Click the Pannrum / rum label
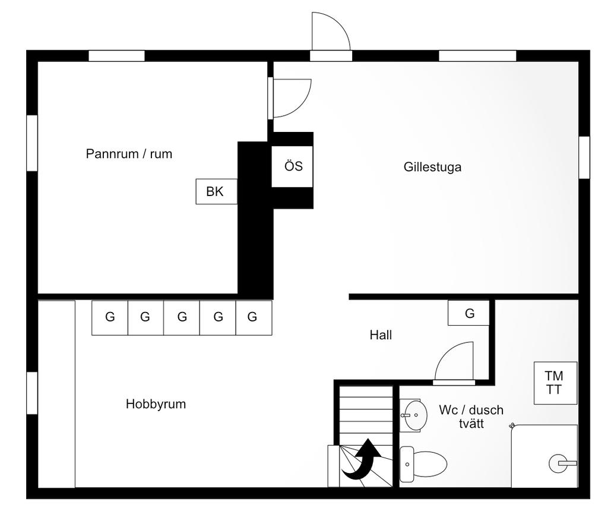pyautogui.click(x=129, y=154)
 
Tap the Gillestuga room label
pyautogui.click(x=432, y=167)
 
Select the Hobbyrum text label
pyautogui.click(x=156, y=404)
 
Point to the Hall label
pyautogui.click(x=381, y=335)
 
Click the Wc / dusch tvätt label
pyautogui.click(x=471, y=417)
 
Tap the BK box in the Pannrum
pyautogui.click(x=216, y=191)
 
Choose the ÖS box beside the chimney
pyautogui.click(x=293, y=166)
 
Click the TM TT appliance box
pyautogui.click(x=555, y=383)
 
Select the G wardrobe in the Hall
pyautogui.click(x=469, y=313)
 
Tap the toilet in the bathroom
pyautogui.click(x=423, y=464)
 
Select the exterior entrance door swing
pyautogui.click(x=330, y=33)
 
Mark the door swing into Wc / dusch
pyautogui.click(x=456, y=362)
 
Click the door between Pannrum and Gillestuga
pyautogui.click(x=290, y=98)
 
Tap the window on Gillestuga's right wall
pyautogui.click(x=584, y=157)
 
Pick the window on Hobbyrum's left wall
pyautogui.click(x=32, y=393)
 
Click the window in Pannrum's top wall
pyautogui.click(x=116, y=56)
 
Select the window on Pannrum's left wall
pyautogui.click(x=32, y=143)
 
